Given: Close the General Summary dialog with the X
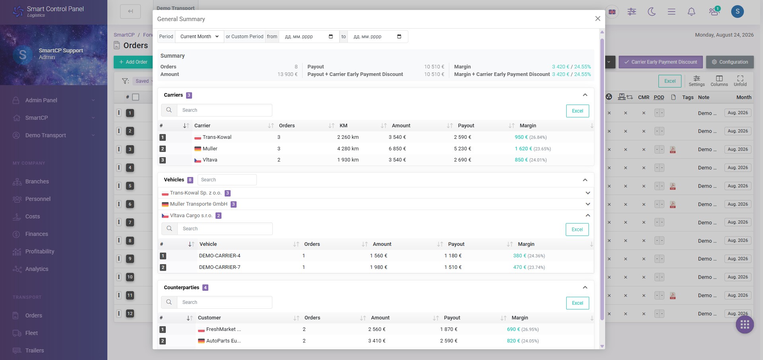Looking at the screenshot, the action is click(598, 19).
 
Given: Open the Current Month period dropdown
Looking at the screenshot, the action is click(200, 37).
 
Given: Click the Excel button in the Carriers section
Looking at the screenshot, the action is click(577, 111).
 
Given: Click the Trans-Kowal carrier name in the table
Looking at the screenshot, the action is click(217, 137).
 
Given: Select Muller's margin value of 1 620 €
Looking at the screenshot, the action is click(523, 149).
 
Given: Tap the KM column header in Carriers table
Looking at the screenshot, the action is click(344, 126).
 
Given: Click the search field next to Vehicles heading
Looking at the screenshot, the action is click(227, 180).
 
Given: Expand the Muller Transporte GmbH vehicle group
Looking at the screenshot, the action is click(588, 204).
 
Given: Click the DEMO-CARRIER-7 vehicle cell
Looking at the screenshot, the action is click(220, 267).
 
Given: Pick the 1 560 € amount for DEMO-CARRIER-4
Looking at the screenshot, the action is click(379, 256).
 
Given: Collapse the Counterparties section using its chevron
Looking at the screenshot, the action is click(585, 287).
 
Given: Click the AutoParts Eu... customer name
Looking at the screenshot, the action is click(223, 341).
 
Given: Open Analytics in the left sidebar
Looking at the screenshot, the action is click(37, 269).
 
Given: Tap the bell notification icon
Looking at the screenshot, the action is click(691, 12).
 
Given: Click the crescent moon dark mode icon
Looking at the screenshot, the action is click(652, 12).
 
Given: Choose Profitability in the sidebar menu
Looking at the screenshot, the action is click(40, 251).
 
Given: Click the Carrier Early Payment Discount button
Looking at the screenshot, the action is click(660, 62).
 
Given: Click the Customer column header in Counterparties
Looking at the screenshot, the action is click(210, 318).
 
